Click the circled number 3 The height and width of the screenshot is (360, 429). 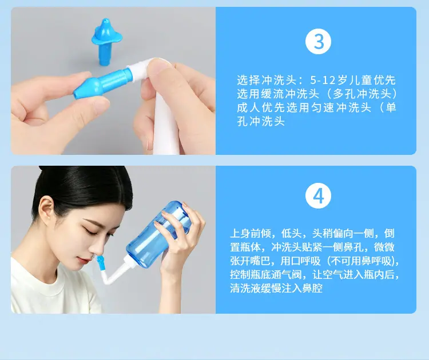pyautogui.click(x=318, y=42)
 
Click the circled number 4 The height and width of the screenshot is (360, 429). pyautogui.click(x=318, y=196)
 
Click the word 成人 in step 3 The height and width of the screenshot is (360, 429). pyautogui.click(x=248, y=107)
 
